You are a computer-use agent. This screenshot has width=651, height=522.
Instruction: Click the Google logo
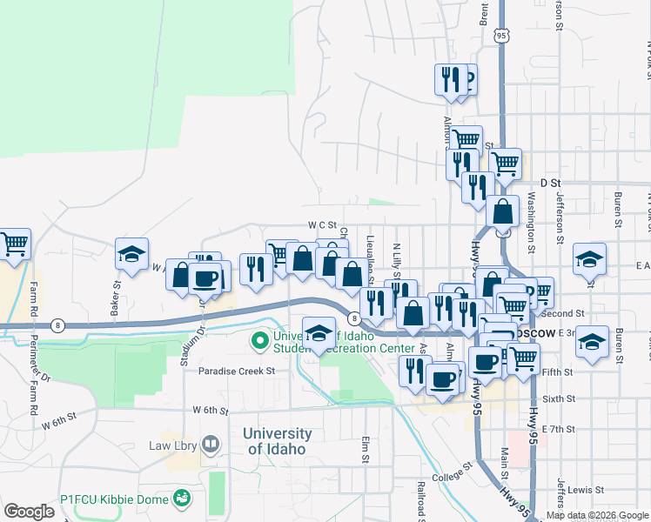[x=30, y=512]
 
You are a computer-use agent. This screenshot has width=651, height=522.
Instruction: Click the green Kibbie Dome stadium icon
[x=182, y=499]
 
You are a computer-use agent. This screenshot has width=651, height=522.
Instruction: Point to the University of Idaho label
[x=279, y=441]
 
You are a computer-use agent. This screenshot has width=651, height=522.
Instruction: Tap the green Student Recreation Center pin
[x=259, y=339]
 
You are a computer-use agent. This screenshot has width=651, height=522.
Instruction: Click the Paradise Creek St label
[x=236, y=371]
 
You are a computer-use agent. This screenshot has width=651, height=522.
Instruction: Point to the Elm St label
[x=365, y=450]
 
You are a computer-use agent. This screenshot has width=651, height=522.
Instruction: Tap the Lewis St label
[x=589, y=491]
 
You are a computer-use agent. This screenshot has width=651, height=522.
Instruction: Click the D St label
[x=548, y=183]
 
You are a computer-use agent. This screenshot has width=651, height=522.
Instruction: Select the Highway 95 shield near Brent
[x=500, y=37]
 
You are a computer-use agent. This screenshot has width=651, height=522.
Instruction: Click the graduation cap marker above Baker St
[x=131, y=254]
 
